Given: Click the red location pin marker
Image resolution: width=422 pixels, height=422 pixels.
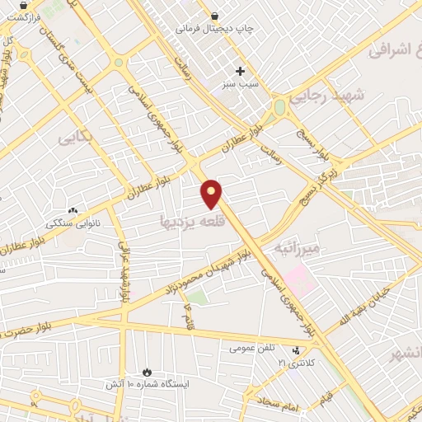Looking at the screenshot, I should coord(212,193).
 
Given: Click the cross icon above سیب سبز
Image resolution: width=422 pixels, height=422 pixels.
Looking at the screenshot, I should coord(240,71).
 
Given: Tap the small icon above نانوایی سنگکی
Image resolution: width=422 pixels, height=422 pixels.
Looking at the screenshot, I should coord(73,211).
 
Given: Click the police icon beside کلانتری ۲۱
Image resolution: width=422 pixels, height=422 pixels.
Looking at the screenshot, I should coord(296,351).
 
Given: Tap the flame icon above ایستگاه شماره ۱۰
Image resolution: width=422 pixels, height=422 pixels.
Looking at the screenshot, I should coord(148,373).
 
